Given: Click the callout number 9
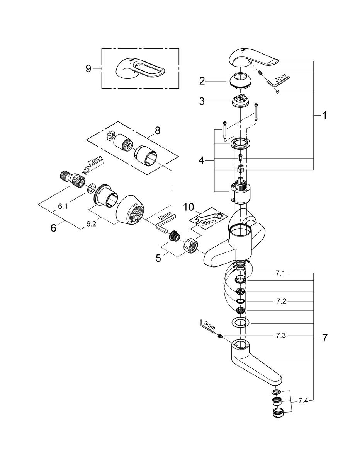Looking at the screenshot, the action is tap(88, 68).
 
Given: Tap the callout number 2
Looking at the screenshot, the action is tap(202, 81).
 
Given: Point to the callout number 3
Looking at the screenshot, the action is tap(202, 101).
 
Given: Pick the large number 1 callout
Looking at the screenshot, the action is tap(324, 116).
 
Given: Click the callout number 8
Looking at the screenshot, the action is tap(157, 130).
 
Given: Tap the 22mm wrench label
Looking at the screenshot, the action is tap(92, 162).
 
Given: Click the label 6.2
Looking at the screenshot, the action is tap(91, 224).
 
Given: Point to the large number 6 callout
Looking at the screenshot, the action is tap(53, 228).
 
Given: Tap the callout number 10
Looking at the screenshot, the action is tap(188, 207).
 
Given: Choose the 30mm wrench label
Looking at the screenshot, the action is tap(209, 222).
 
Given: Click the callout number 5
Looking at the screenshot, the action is tap(158, 258).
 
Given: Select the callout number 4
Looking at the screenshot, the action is tap(201, 160).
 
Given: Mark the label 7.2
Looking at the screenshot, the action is tap(281, 301).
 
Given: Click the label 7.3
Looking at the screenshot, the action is tap(281, 336).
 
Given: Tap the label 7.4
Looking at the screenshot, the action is tap(303, 401).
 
